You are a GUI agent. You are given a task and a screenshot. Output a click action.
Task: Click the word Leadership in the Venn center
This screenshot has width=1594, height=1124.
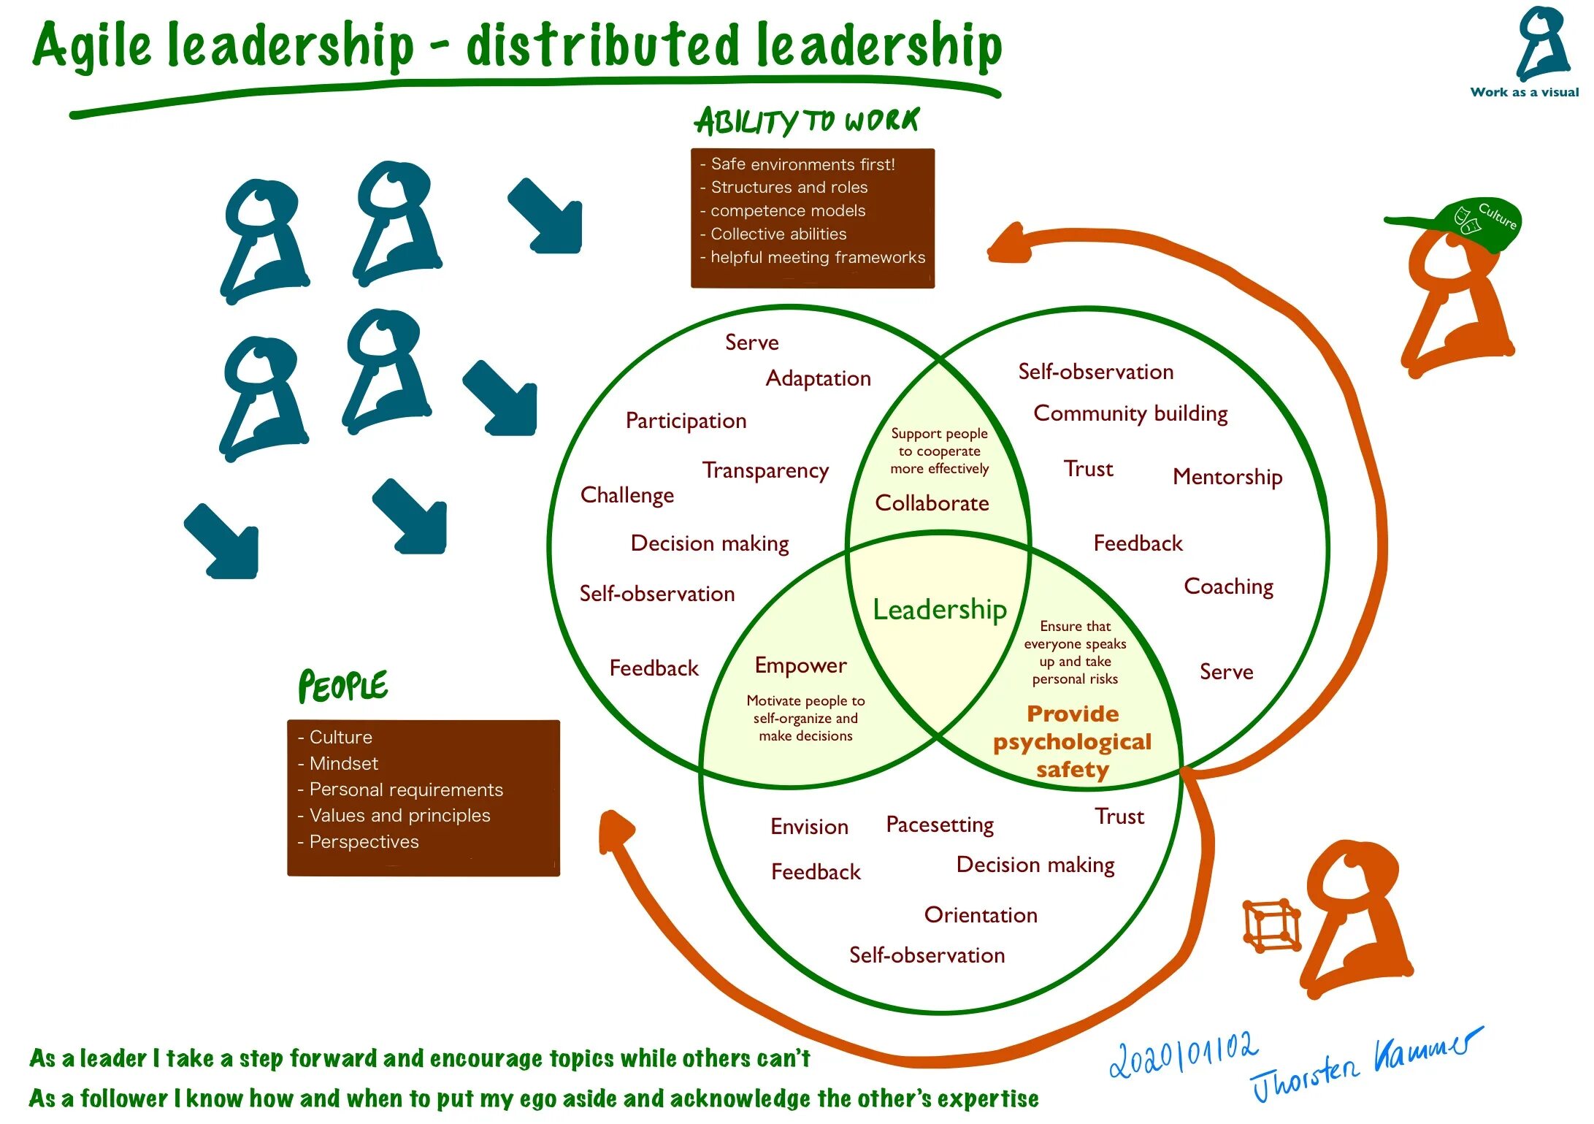point(940,609)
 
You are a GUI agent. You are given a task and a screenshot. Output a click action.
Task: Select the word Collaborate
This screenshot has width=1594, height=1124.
point(932,503)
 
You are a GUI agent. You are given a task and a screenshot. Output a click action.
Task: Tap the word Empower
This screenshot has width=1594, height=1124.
point(800,665)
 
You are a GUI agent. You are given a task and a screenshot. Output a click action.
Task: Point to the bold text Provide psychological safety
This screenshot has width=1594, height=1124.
point(1072,741)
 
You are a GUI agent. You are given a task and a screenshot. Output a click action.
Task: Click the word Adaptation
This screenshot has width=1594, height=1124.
point(818,378)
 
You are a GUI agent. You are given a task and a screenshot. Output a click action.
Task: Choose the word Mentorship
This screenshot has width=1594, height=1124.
point(1227,477)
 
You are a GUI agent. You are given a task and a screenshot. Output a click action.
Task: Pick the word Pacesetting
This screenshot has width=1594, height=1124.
point(940,825)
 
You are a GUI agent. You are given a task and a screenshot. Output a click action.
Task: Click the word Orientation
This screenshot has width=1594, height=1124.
point(981,915)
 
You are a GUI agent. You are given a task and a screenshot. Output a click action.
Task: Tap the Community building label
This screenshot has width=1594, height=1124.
point(1130,413)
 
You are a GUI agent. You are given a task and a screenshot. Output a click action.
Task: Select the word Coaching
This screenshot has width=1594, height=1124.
point(1228,586)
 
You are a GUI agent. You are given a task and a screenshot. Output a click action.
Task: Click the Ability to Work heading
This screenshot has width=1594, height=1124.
point(806,121)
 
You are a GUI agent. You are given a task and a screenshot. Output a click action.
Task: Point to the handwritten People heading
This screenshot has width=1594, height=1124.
point(342,686)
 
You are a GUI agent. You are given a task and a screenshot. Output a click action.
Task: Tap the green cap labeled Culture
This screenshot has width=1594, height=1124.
point(1468,222)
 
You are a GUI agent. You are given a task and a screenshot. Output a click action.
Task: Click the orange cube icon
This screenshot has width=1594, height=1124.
point(1271,926)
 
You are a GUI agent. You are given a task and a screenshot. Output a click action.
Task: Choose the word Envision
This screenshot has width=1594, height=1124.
point(809,827)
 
